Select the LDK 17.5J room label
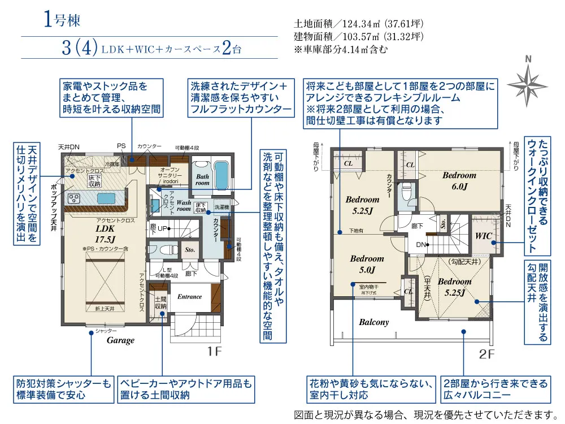click(105, 234)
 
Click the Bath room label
click(202, 180)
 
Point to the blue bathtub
click(221, 175)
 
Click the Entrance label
click(189, 297)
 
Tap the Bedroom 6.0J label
click(459, 180)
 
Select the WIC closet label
click(484, 235)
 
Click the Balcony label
click(374, 322)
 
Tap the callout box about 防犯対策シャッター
click(63, 389)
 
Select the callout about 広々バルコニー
click(495, 389)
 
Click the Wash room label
click(184, 205)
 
